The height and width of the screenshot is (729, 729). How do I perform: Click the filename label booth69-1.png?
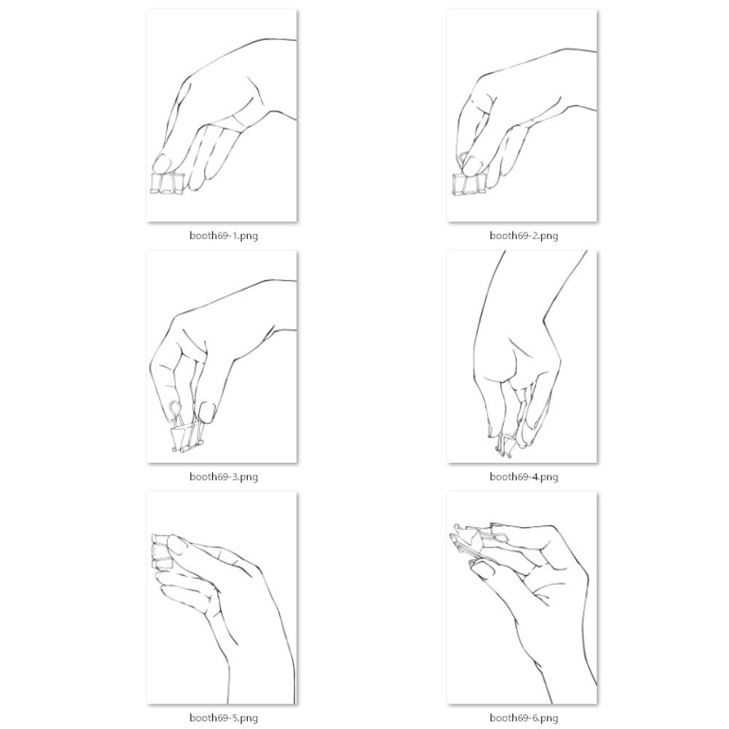[224, 235]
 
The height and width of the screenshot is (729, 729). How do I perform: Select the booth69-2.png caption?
[524, 235]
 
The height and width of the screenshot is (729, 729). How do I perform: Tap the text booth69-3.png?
[224, 477]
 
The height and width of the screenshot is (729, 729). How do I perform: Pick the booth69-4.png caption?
[524, 477]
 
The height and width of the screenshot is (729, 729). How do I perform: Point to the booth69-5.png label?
[224, 718]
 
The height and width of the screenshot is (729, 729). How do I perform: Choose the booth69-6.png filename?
[524, 718]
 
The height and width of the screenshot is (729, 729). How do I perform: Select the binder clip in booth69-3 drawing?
[187, 428]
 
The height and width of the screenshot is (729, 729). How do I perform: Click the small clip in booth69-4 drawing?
[505, 444]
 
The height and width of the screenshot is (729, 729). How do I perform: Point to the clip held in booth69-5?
[162, 552]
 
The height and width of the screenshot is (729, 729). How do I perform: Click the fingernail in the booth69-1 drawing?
[162, 163]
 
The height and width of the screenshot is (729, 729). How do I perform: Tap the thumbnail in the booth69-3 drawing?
[206, 411]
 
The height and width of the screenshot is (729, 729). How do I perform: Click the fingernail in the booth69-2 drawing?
[473, 163]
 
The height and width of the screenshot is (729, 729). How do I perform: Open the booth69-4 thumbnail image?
[522, 356]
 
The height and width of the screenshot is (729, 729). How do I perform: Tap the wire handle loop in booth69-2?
[463, 160]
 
